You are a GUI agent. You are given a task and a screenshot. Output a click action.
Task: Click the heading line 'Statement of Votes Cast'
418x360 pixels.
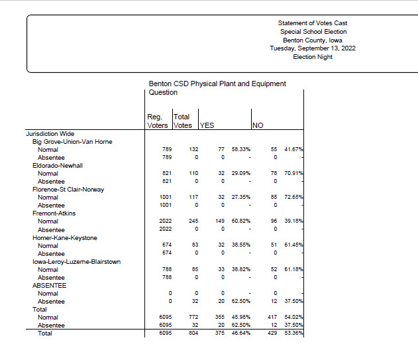point(313,23)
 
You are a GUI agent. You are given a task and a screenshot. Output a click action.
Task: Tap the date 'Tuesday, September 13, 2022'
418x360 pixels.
point(313,48)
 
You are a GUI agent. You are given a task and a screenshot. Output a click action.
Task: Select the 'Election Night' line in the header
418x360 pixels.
point(313,57)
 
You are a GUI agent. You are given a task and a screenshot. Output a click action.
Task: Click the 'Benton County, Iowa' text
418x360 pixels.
point(313,40)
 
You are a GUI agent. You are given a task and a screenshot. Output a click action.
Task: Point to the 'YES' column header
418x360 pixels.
point(207,125)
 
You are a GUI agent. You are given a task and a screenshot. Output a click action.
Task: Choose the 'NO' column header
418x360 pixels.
point(258,125)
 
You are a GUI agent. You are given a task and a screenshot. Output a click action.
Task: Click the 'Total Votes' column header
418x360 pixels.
point(183,121)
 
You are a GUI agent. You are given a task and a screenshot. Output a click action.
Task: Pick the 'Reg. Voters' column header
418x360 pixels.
point(158,121)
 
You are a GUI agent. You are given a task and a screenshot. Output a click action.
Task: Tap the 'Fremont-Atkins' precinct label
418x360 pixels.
point(54,213)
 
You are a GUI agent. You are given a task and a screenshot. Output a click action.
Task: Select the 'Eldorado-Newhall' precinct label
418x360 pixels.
point(58,166)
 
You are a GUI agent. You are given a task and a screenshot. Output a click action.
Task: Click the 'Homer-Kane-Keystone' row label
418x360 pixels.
point(65,238)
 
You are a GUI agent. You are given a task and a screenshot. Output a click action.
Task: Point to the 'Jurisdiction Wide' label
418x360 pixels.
point(50,134)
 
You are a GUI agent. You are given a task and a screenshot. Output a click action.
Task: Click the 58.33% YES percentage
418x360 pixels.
point(241,149)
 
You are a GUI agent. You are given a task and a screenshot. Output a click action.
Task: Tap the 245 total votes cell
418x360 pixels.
point(193,221)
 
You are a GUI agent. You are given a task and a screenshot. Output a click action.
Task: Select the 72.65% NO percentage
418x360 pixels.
point(293,197)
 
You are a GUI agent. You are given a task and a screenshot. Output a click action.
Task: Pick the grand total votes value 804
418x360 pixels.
point(193,333)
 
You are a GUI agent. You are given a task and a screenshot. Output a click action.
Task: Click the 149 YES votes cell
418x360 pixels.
point(220,221)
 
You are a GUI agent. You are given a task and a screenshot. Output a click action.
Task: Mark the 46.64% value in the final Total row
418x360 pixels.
point(241,333)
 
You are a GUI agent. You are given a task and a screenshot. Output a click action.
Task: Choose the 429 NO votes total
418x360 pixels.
point(272,333)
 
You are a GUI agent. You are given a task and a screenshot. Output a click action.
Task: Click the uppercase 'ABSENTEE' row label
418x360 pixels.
point(49,286)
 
